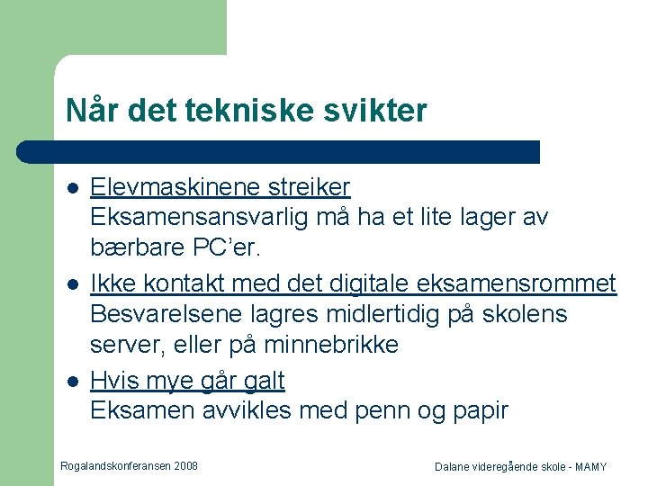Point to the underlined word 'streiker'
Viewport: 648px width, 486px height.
tap(309, 186)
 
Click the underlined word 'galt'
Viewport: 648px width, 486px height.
tap(264, 381)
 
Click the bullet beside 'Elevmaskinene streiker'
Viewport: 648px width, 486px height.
tap(73, 188)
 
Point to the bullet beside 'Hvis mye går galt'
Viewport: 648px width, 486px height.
tap(73, 382)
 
